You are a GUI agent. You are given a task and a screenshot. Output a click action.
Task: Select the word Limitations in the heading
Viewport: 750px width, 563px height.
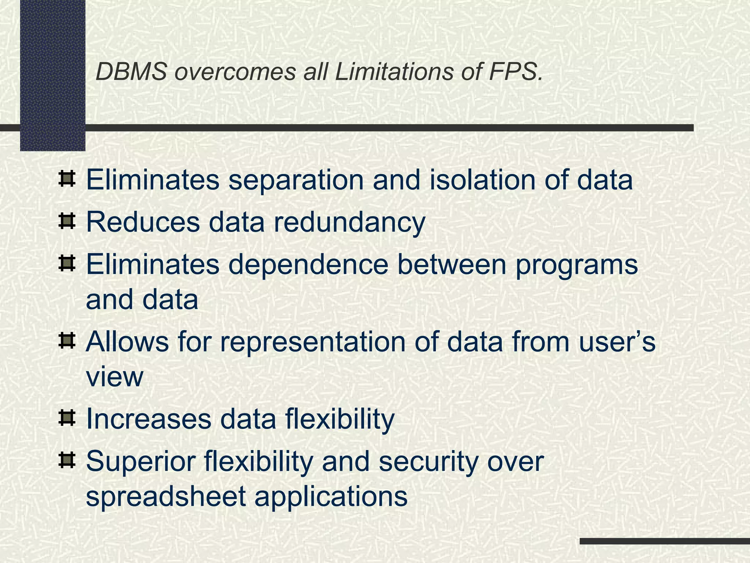[394, 71]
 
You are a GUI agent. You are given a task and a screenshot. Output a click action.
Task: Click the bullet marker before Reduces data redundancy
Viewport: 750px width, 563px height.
[67, 221]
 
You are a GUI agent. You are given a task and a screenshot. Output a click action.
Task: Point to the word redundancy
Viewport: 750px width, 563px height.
[349, 222]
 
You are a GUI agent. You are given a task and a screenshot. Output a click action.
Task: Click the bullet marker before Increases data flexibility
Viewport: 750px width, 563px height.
[67, 418]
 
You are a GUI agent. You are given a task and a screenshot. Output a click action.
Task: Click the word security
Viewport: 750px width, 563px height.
[428, 462]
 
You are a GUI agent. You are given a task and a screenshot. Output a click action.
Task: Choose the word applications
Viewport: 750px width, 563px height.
[331, 497]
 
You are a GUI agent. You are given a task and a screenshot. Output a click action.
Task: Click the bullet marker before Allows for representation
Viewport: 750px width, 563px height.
[67, 341]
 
